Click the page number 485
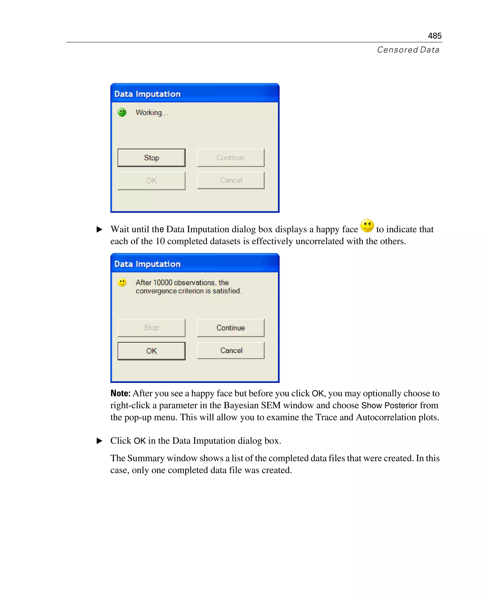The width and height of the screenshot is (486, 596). coord(434,36)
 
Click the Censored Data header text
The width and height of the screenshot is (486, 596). coord(408,50)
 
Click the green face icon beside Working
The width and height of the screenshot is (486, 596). coord(122,112)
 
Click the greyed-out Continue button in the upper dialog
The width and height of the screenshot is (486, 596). coord(230,158)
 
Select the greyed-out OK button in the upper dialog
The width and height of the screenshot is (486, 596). coord(151,181)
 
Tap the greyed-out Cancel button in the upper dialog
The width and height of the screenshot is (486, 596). coord(230,180)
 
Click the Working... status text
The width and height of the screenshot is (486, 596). coord(151,112)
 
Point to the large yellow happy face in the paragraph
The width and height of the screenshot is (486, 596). coord(367,226)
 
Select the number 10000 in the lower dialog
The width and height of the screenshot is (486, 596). coord(162,283)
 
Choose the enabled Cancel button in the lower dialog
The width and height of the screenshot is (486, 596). coord(230,350)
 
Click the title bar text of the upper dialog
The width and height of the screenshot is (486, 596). coord(147,94)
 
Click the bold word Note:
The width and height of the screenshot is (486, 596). coord(120,393)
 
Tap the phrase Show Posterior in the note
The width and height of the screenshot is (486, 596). coord(389,405)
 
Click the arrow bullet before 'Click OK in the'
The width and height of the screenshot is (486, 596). coord(99,441)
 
